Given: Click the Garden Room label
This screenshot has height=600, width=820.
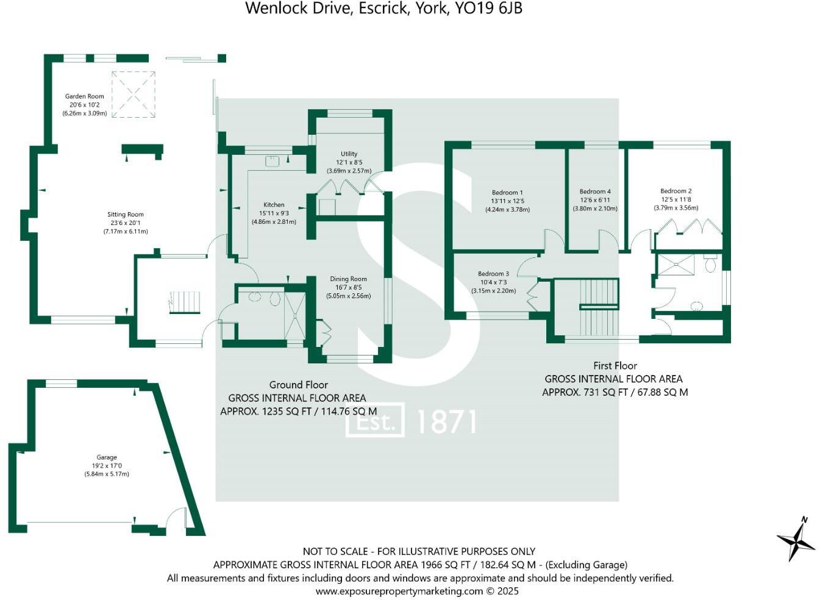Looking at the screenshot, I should pyautogui.click(x=84, y=96).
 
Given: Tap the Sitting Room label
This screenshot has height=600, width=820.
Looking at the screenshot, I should pyautogui.click(x=126, y=215).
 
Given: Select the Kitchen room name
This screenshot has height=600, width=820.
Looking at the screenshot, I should pyautogui.click(x=274, y=205).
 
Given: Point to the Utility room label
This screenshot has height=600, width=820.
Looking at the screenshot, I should pyautogui.click(x=349, y=154).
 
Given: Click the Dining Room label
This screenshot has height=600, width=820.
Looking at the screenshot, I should pyautogui.click(x=348, y=279).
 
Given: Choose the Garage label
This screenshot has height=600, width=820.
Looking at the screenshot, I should pyautogui.click(x=107, y=457).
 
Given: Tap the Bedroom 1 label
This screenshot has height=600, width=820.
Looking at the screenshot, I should pyautogui.click(x=507, y=193).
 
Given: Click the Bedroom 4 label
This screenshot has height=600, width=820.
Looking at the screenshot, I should pyautogui.click(x=595, y=191).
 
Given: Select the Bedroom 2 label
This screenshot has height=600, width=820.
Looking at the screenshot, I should pyautogui.click(x=676, y=191).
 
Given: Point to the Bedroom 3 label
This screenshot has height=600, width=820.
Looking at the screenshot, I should pyautogui.click(x=493, y=274).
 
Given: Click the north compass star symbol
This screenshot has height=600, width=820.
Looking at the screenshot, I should pyautogui.click(x=796, y=540).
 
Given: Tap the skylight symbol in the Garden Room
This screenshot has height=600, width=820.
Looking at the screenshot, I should pyautogui.click(x=133, y=95).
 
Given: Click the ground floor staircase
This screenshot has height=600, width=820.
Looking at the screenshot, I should pyautogui.click(x=185, y=302).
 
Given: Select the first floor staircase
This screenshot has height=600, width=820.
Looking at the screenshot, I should pyautogui.click(x=598, y=307).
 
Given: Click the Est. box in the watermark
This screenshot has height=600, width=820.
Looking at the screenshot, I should pyautogui.click(x=375, y=420).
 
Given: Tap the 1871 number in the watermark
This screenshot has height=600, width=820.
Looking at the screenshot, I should pyautogui.click(x=446, y=421).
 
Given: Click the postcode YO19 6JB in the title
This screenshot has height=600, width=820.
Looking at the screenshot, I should pyautogui.click(x=489, y=8).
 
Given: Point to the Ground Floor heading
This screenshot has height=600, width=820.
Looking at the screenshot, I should pyautogui.click(x=299, y=385).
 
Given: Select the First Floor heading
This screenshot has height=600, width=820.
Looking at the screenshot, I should pyautogui.click(x=615, y=366).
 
